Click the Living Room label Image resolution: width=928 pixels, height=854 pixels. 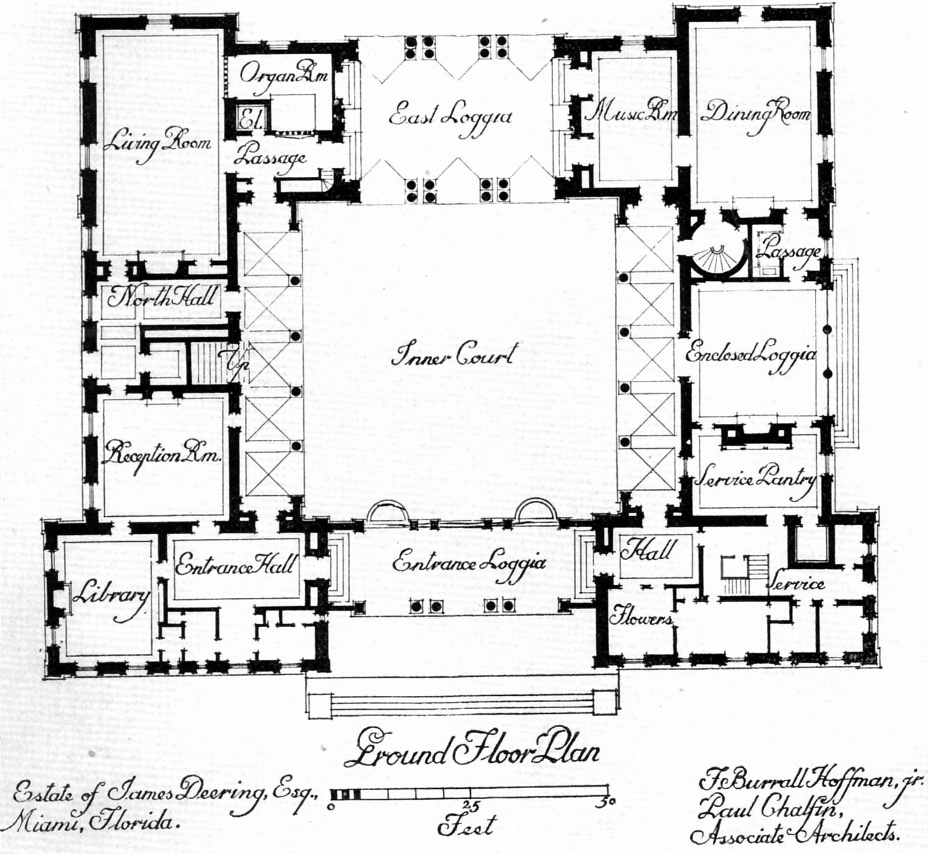(157, 144)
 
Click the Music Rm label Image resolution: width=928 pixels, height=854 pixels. (630, 111)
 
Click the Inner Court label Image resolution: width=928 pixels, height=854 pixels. (453, 355)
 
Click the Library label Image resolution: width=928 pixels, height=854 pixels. (112, 598)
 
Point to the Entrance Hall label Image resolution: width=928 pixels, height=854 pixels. (235, 565)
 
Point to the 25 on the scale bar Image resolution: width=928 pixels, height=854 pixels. (469, 805)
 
